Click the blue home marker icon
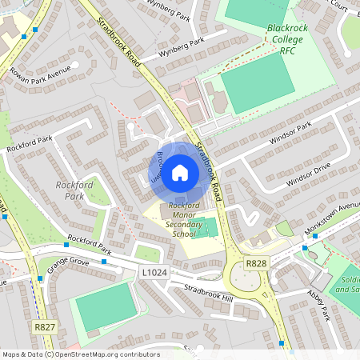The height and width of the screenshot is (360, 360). coord(180,173)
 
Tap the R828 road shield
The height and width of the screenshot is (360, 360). coord(256,264)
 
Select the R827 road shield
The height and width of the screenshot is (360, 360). coord(44,328)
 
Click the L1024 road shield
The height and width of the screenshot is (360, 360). coord(154,273)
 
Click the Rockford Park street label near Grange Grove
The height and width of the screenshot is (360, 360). coord(89,242)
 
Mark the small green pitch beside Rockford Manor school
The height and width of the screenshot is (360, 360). coord(210,227)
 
